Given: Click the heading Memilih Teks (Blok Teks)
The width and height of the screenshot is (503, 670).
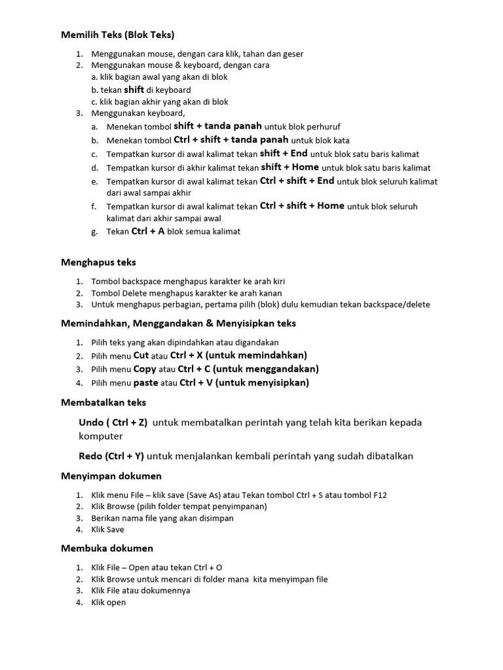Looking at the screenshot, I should click(x=118, y=35).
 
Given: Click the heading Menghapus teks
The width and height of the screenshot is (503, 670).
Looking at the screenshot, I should click(x=98, y=262).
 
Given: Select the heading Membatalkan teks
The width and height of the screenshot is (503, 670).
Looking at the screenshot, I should click(x=103, y=402).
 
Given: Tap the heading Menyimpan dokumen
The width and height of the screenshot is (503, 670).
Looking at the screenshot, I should click(x=111, y=476).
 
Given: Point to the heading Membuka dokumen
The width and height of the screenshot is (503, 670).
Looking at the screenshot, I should click(x=107, y=548).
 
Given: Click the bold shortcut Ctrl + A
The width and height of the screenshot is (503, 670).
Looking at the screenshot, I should click(x=148, y=231).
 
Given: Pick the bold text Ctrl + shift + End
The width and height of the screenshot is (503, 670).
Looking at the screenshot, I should click(x=297, y=181).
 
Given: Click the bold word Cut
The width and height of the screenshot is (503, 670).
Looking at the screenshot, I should click(x=141, y=355).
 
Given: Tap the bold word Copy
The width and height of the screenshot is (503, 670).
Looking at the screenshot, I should click(x=145, y=369).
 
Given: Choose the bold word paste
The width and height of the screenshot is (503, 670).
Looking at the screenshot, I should click(x=146, y=383).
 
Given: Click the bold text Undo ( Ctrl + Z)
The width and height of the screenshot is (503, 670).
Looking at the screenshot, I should click(x=113, y=423).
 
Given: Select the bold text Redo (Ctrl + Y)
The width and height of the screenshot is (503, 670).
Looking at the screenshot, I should click(x=111, y=456).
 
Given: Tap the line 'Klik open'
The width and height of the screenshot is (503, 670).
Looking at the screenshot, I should click(x=108, y=603).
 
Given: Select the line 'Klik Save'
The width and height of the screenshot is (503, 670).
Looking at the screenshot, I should click(x=107, y=530).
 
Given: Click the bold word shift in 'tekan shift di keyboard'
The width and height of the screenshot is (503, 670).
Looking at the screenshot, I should click(x=134, y=90).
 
